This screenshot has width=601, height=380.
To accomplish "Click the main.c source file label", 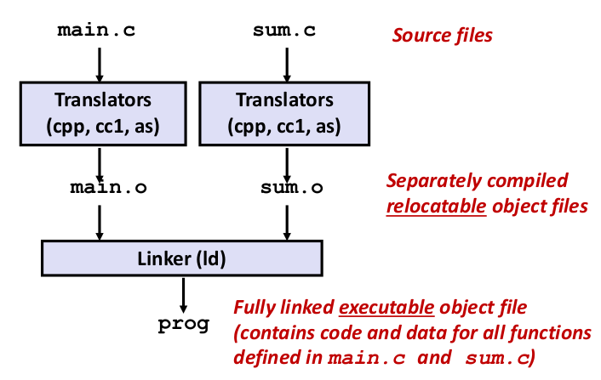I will [x=96, y=31].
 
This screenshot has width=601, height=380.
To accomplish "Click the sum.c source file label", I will [x=284, y=31].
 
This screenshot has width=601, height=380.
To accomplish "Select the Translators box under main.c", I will [x=100, y=113].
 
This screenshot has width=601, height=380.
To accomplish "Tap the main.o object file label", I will [x=100, y=187].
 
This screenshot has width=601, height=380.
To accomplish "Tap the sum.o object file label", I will [x=284, y=187].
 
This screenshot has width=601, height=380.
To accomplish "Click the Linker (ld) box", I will [x=182, y=258].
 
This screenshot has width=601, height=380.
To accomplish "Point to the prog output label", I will [x=183, y=324].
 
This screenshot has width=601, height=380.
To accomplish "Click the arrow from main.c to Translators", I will [x=100, y=64].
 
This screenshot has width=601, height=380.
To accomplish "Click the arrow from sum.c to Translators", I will [x=284, y=64].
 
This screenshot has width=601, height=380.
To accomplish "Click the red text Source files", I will [x=442, y=36].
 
